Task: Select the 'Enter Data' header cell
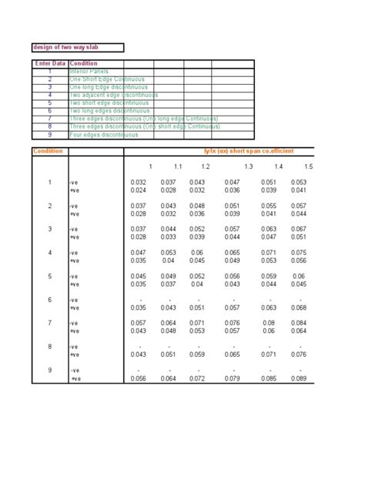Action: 50,63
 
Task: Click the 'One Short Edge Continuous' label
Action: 107,79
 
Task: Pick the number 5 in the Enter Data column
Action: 49,102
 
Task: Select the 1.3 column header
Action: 249,166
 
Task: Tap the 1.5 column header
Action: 308,166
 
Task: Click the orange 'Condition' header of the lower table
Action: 48,151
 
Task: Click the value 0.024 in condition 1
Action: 139,190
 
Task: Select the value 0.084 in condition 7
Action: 300,324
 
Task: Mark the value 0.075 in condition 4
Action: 300,253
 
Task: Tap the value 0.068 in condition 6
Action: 300,307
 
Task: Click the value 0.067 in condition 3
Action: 300,229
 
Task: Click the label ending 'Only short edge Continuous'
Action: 144,126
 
